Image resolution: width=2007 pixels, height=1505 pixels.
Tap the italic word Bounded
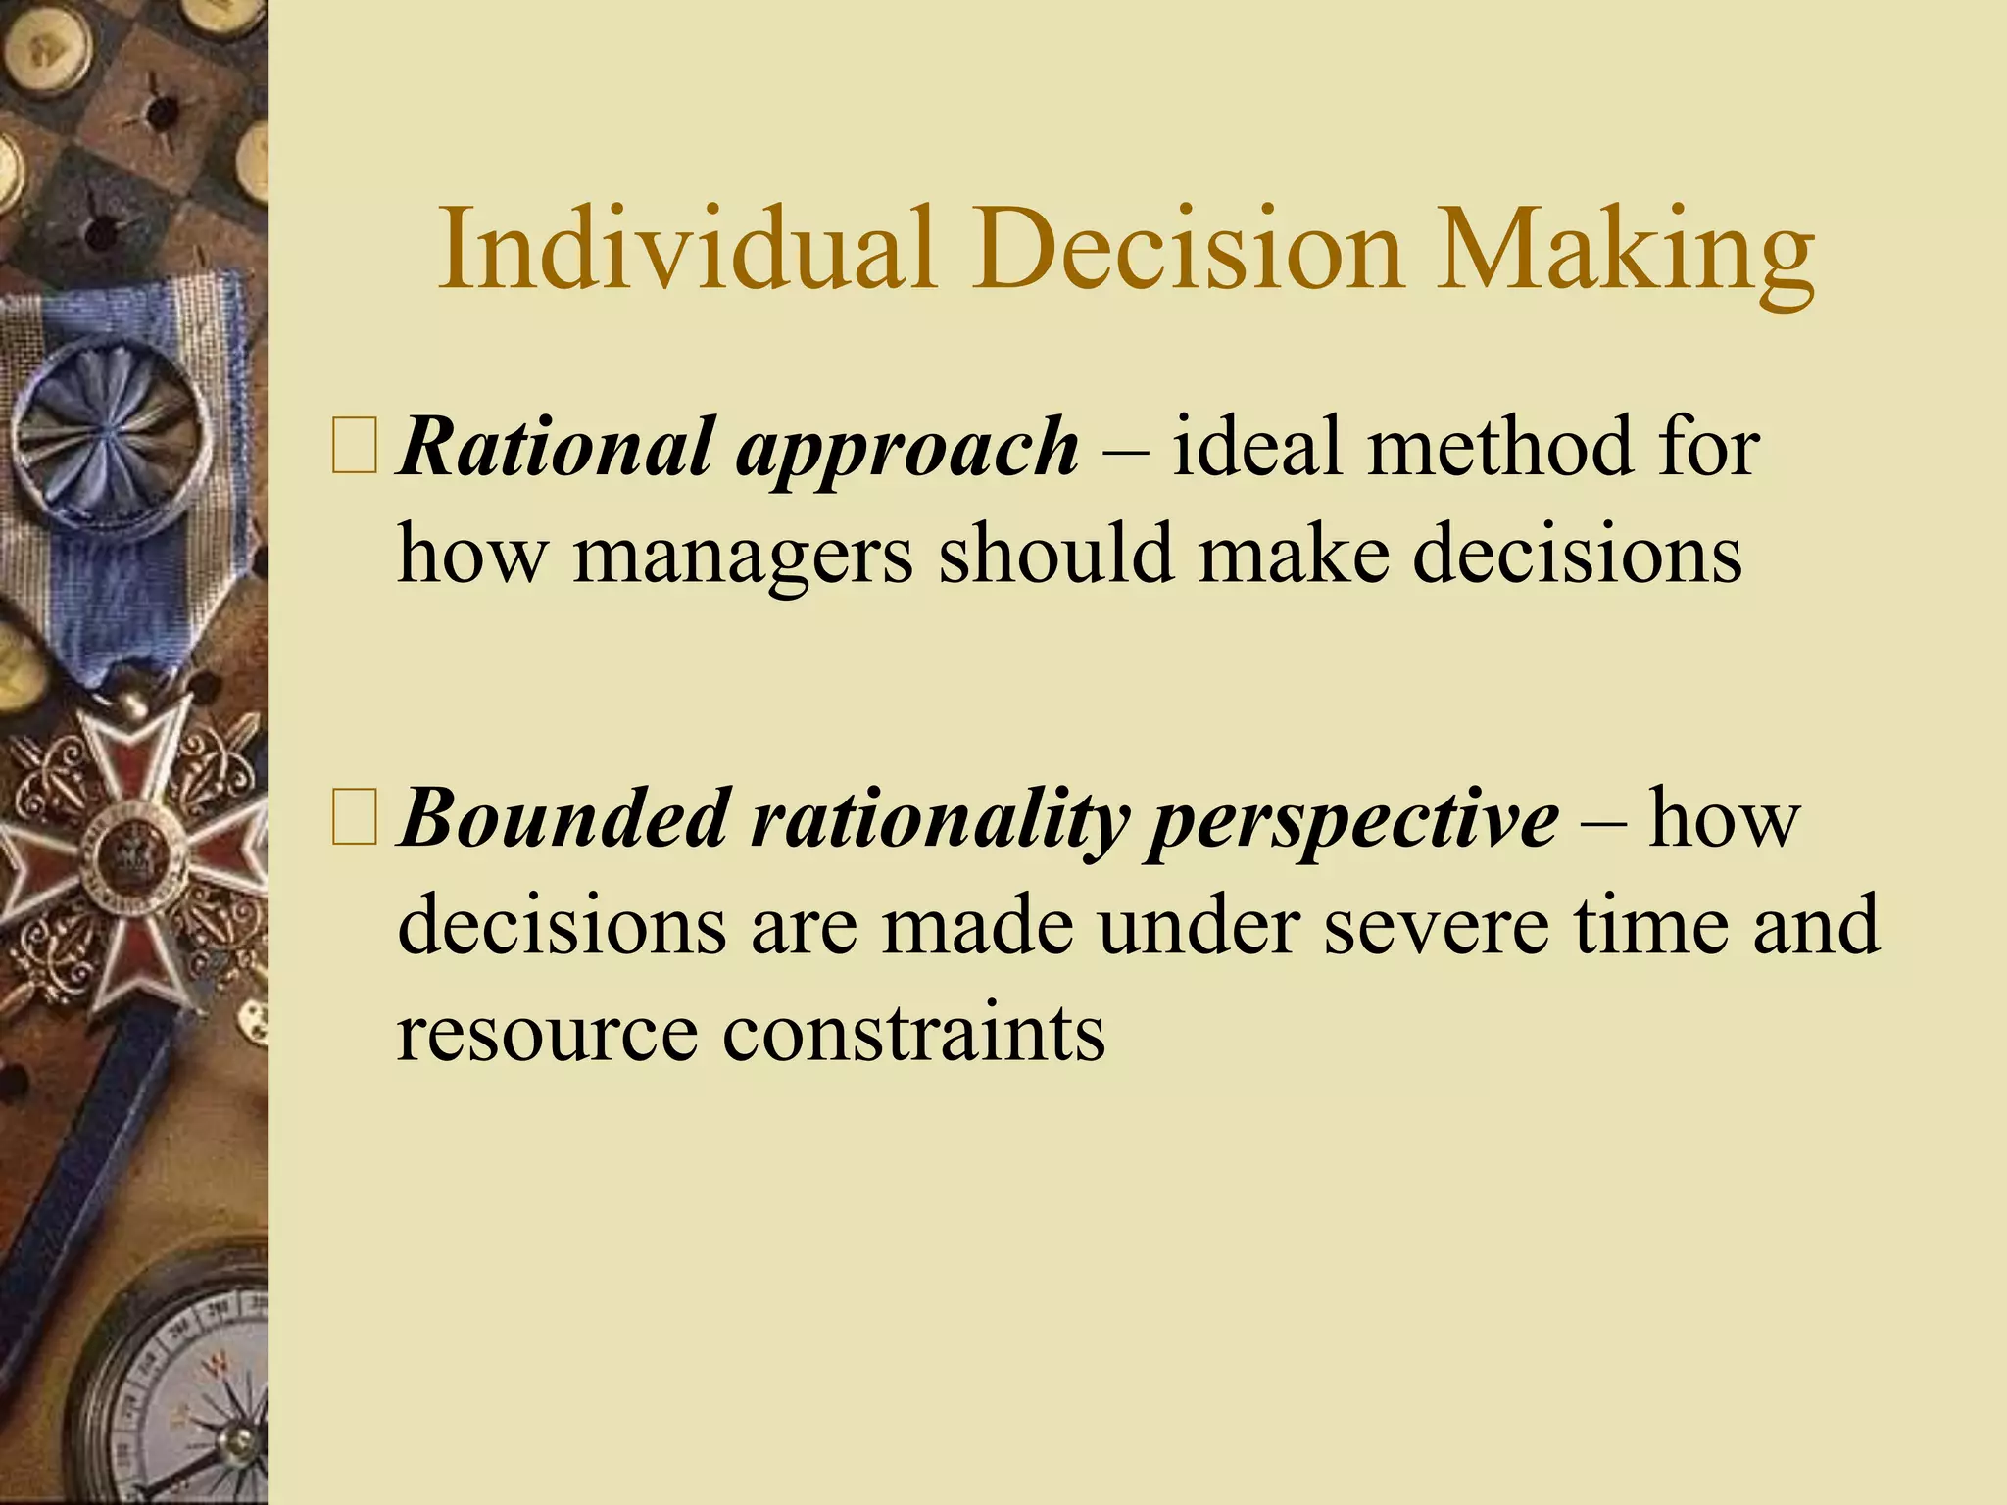pos(563,819)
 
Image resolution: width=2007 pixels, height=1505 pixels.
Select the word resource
pos(547,1035)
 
